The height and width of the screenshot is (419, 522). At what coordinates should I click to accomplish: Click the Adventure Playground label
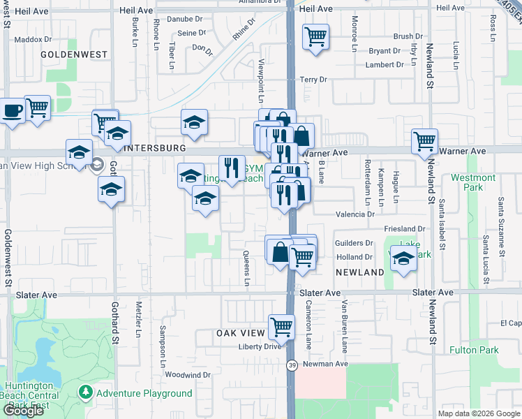144,393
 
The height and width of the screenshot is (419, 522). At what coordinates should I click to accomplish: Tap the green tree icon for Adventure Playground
86,393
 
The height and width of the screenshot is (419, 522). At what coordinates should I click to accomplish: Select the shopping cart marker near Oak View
281,325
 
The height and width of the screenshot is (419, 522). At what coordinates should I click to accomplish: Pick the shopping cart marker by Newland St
424,141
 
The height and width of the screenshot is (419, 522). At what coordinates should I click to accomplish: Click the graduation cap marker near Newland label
403,258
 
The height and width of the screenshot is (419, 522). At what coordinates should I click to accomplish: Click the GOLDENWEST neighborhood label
74,54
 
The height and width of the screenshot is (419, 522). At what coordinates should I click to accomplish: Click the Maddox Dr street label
29,40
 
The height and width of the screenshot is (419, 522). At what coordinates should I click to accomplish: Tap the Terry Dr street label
313,80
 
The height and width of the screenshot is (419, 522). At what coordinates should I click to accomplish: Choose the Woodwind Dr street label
188,375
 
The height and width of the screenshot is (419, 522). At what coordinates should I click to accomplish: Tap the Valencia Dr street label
355,214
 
